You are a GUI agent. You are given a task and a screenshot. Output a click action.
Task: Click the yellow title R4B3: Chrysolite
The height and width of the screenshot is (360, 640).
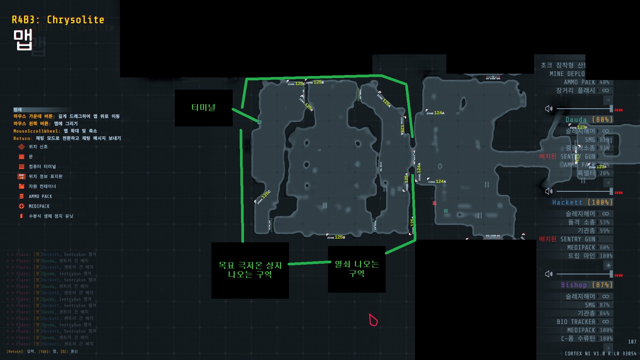point(58,20)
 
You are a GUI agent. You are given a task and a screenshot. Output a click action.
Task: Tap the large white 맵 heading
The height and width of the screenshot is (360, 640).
point(23,40)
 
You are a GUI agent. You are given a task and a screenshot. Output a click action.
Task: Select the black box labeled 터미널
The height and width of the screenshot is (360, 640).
point(203,108)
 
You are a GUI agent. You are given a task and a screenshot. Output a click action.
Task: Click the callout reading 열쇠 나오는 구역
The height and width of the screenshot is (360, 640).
point(357,269)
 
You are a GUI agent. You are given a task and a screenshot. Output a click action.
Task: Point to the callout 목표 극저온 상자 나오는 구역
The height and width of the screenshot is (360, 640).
point(250,270)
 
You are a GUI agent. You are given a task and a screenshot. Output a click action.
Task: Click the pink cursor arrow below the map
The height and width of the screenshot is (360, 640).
point(373,320)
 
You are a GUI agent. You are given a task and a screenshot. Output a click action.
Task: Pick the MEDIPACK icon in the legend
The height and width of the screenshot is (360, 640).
point(22,206)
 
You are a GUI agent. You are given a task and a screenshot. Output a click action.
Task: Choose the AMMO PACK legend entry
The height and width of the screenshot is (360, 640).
point(40,196)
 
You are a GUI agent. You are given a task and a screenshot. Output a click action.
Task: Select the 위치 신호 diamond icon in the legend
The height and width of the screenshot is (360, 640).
point(22,147)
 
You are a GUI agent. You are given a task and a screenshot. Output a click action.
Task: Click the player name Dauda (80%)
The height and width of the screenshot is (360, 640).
point(589,119)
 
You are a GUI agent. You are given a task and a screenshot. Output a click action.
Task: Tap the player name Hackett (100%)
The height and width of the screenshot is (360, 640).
point(582,202)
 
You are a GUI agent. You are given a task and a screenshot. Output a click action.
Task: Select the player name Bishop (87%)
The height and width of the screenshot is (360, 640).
point(586,285)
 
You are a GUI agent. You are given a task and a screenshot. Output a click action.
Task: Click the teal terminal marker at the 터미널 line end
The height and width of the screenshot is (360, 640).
point(259,122)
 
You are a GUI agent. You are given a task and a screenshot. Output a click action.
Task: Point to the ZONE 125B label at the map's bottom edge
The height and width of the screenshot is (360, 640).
point(336,237)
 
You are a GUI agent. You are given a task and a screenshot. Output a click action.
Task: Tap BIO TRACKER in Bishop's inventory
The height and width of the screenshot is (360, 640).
point(576,322)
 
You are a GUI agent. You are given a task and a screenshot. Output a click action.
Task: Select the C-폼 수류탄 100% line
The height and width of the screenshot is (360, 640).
point(586,339)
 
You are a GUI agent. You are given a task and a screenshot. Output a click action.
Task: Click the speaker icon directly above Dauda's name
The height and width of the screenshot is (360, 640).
point(549,109)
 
